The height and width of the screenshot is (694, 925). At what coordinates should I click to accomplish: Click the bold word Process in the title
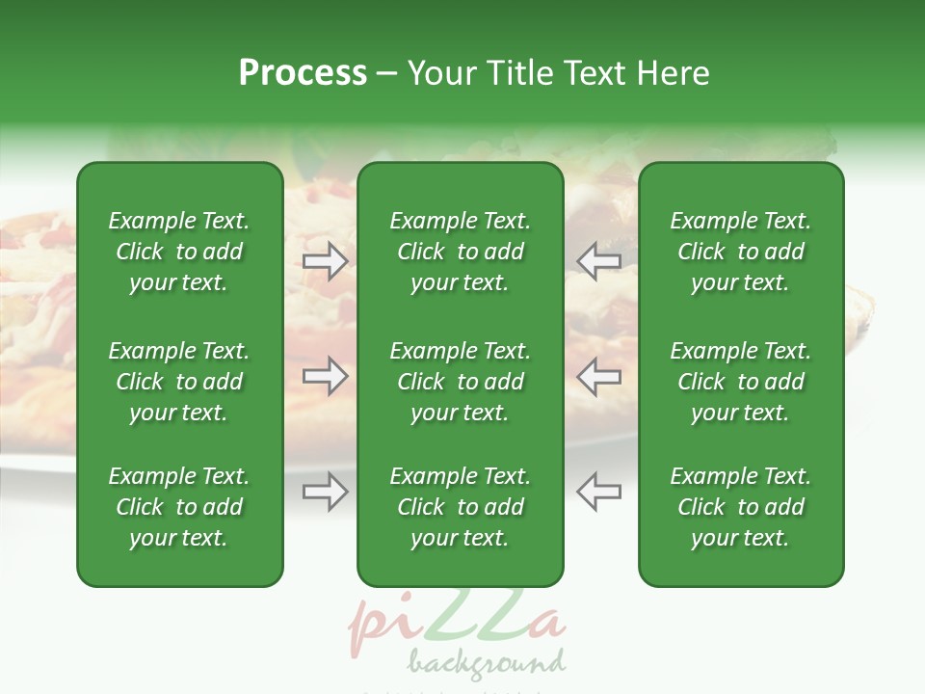[x=303, y=73]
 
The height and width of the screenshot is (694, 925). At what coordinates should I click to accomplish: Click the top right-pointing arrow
[x=326, y=261]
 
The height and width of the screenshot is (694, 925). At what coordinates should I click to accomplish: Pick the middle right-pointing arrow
[x=326, y=376]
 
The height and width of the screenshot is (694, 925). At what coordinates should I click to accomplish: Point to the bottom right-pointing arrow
[x=326, y=492]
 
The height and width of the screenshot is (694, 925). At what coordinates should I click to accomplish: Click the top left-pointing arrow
[x=598, y=261]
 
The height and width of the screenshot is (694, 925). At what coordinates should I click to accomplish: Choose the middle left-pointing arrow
[x=598, y=376]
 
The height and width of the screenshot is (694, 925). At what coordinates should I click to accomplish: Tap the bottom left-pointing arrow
[x=598, y=492]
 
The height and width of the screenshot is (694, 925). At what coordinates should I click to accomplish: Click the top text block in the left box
[x=179, y=252]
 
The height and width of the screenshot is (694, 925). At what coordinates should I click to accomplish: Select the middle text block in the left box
[x=179, y=382]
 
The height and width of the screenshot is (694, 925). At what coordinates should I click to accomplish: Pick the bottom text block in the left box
[x=179, y=507]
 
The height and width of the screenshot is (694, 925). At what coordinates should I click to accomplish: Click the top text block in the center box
[x=461, y=252]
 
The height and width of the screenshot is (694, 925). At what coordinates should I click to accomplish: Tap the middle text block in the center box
[x=461, y=382]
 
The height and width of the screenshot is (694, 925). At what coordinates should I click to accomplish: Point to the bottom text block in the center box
[x=461, y=507]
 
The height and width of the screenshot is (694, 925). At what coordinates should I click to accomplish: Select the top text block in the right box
[x=741, y=252]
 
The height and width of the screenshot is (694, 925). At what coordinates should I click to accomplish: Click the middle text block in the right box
[x=741, y=382]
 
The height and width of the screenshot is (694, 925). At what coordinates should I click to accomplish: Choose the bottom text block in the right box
[x=741, y=507]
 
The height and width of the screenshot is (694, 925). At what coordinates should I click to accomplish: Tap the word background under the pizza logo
[x=486, y=663]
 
